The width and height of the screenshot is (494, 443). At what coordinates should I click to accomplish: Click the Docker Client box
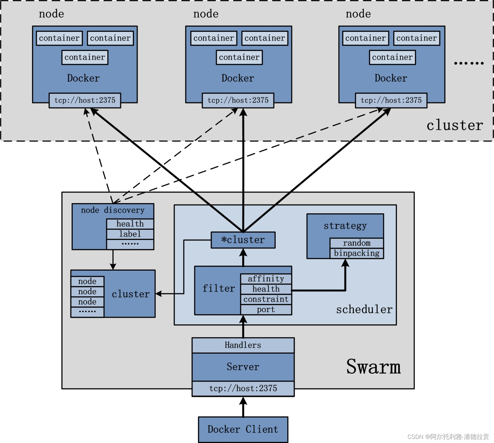pyautogui.click(x=243, y=429)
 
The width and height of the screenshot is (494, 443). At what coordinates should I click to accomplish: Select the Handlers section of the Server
pyautogui.click(x=243, y=345)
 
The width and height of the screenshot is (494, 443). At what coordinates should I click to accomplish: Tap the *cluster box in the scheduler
pyautogui.click(x=243, y=240)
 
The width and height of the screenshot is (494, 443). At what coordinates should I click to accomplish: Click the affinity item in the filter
pyautogui.click(x=266, y=279)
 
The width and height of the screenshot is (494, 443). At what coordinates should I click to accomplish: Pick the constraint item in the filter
pyautogui.click(x=266, y=299)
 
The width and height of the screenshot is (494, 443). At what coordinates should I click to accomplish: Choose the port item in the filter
pyautogui.click(x=266, y=310)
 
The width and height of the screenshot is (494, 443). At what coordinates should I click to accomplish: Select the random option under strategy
pyautogui.click(x=356, y=243)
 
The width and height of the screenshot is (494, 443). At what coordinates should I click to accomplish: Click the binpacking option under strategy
pyautogui.click(x=356, y=253)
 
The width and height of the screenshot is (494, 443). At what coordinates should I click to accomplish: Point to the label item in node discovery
pyautogui.click(x=130, y=234)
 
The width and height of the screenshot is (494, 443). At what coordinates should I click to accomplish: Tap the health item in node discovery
pyautogui.click(x=130, y=224)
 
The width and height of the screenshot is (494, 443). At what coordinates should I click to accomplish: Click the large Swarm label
pyautogui.click(x=373, y=367)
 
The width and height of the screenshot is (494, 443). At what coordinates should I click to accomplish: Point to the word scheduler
pyautogui.click(x=364, y=309)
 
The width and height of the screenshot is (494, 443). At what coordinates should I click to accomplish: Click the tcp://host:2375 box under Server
pyautogui.click(x=243, y=388)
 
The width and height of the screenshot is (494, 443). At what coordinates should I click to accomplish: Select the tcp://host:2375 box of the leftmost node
pyautogui.click(x=85, y=100)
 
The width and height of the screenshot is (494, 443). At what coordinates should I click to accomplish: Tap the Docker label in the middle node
pyautogui.click(x=238, y=78)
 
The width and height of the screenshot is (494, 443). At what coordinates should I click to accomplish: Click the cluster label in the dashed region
pyautogui.click(x=455, y=125)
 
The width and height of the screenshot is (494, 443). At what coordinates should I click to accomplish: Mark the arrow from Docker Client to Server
pyautogui.click(x=243, y=407)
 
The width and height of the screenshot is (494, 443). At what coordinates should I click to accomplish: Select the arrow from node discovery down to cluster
pyautogui.click(x=113, y=260)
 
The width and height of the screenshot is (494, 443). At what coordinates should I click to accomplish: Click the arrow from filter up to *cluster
pyautogui.click(x=243, y=257)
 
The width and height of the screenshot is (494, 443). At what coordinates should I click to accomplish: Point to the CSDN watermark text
pyautogui.click(x=448, y=437)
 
